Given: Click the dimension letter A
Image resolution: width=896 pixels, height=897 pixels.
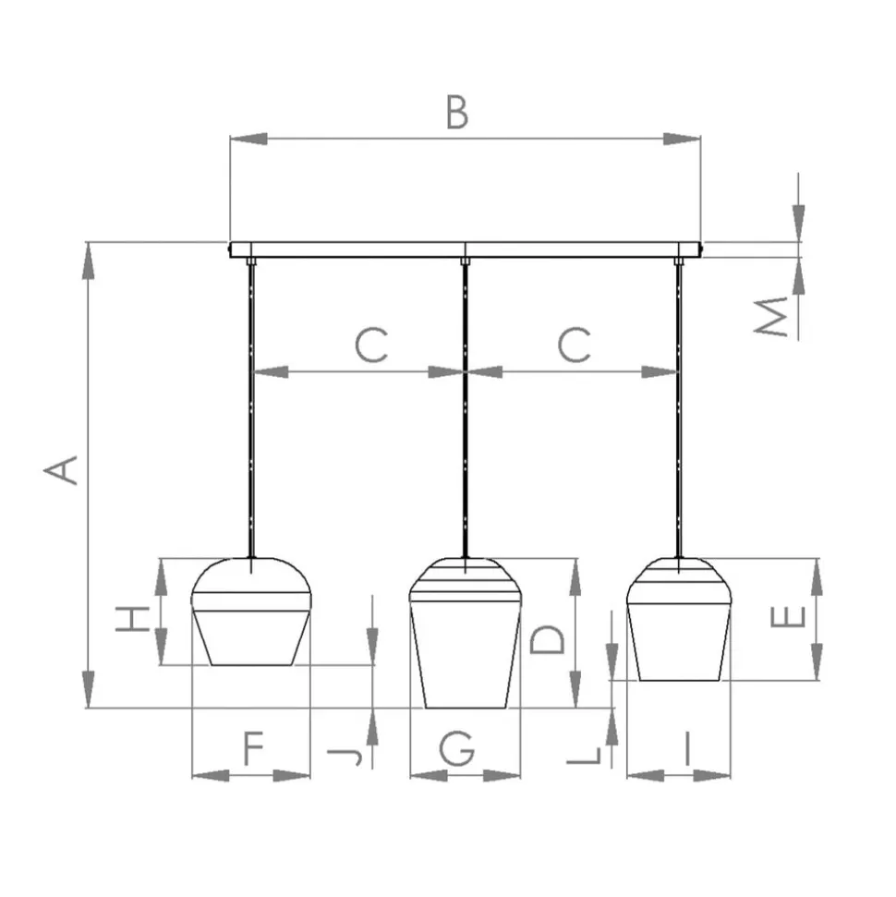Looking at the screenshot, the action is pyautogui.click(x=61, y=470).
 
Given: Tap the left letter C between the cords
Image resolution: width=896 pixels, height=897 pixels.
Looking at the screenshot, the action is pyautogui.click(x=371, y=345).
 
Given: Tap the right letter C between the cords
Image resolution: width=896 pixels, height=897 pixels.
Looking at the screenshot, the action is pyautogui.click(x=574, y=345).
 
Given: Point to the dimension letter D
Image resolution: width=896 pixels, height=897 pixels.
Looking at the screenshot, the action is pyautogui.click(x=548, y=639).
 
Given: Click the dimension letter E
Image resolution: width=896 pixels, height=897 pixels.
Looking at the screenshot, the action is pyautogui.click(x=789, y=616).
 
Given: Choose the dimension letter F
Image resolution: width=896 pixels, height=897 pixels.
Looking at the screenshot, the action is pyautogui.click(x=253, y=747).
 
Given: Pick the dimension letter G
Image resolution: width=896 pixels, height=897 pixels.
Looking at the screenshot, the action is pyautogui.click(x=457, y=747).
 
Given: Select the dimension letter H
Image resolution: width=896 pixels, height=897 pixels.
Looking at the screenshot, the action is pyautogui.click(x=133, y=619).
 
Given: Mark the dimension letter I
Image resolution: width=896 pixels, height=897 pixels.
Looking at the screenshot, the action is pyautogui.click(x=687, y=748).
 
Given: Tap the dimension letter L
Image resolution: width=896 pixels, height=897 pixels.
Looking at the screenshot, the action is pyautogui.click(x=584, y=755).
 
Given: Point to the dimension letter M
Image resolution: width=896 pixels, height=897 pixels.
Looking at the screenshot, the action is pyautogui.click(x=770, y=316).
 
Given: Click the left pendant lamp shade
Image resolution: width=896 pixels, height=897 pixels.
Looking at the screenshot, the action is pyautogui.click(x=251, y=611).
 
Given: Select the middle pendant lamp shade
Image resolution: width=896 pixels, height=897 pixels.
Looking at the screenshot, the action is pyautogui.click(x=466, y=633).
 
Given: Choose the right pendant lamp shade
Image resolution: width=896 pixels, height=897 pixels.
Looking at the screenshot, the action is pyautogui.click(x=679, y=619).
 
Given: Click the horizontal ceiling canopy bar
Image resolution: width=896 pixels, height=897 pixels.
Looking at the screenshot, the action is pyautogui.click(x=466, y=250).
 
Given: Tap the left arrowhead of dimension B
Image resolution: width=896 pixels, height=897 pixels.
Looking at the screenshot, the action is pyautogui.click(x=248, y=139).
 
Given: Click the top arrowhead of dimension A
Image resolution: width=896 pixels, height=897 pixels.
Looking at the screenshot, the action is pyautogui.click(x=88, y=261).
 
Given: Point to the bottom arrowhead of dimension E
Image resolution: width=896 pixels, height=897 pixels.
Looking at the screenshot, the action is pyautogui.click(x=817, y=661).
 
